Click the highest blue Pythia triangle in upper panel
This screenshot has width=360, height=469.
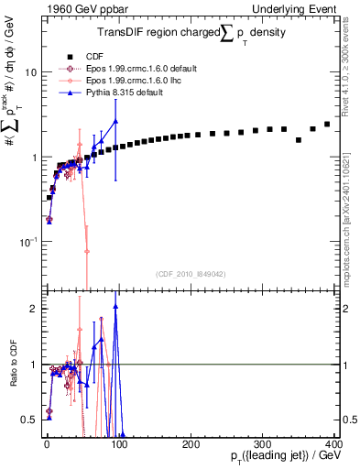[115, 121]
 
